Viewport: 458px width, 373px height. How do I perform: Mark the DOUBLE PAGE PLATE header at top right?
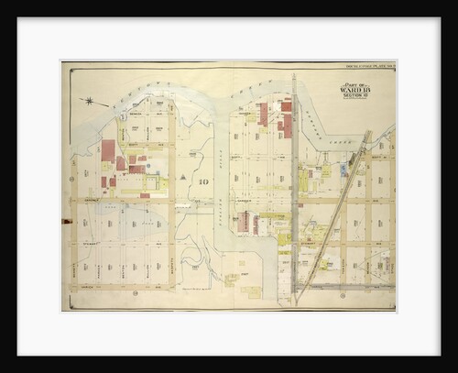pyautogui.click(x=366, y=65)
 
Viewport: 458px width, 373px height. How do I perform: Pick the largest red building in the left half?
pyautogui.click(x=108, y=150)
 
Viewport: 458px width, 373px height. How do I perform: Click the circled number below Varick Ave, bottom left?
pyautogui.click(x=135, y=294)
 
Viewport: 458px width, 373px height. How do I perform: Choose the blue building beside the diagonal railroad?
pyautogui.click(x=344, y=170)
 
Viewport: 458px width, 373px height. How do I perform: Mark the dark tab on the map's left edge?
pyautogui.click(x=65, y=221)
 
